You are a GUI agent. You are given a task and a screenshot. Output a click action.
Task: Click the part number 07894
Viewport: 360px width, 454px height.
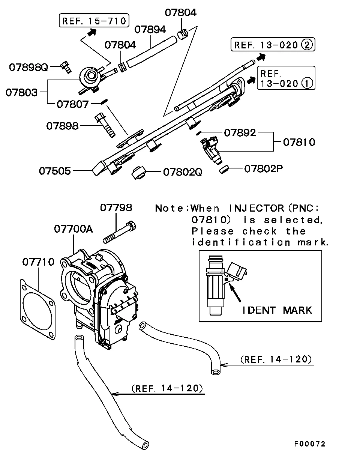coord(150,30)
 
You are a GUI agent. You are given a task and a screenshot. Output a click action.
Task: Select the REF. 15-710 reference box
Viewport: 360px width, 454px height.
coord(94,21)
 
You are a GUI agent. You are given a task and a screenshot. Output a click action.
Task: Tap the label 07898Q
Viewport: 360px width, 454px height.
coord(29,67)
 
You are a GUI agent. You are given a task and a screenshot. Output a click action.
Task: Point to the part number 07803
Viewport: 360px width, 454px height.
coord(21,92)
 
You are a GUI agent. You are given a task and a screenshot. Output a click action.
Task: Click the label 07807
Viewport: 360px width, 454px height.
coord(73,104)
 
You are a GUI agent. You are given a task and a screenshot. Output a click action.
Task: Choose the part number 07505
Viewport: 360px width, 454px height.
coord(55,171)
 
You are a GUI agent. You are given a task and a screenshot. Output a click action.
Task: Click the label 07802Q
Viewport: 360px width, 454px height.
coord(183,172)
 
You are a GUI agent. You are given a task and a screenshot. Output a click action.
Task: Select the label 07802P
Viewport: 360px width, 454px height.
coord(263,169)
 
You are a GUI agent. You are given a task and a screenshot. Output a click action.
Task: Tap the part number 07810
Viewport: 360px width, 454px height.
coord(299,142)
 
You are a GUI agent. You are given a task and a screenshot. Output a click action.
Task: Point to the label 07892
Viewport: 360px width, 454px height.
coord(240,132)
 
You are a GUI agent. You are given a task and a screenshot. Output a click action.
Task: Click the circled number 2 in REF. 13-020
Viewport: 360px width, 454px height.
coord(306,45)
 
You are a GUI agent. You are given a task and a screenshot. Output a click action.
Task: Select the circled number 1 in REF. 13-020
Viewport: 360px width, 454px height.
coord(307,83)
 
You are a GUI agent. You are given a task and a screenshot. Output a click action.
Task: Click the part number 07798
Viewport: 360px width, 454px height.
coord(116,207)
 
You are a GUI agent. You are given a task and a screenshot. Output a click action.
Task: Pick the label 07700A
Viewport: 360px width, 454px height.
coord(73,229)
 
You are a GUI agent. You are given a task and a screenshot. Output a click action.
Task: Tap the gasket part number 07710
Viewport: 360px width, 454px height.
coord(38,262)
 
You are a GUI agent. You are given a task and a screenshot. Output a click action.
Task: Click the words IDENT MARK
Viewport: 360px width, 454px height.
coord(277,310)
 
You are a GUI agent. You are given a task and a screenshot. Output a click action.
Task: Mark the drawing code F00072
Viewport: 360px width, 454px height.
coord(309,444)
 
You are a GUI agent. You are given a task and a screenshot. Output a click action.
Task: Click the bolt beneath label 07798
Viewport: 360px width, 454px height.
coord(119,233)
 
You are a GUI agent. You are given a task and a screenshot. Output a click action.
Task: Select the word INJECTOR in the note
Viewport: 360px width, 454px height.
coord(256,208)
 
